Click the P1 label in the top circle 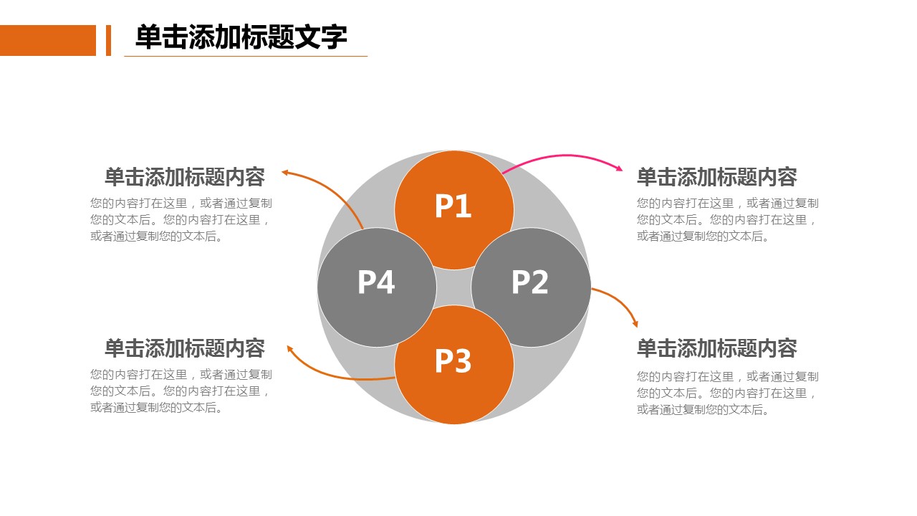(453, 206)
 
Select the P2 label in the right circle (529, 282)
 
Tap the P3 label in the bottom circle (453, 361)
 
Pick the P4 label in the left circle (376, 282)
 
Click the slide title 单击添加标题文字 (241, 37)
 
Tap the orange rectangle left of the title (47, 40)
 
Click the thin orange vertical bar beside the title (108, 40)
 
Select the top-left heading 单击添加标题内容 (185, 176)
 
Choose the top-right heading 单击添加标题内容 (716, 176)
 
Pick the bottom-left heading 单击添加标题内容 (185, 348)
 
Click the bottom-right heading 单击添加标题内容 (716, 348)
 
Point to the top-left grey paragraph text (181, 220)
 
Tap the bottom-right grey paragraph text (727, 393)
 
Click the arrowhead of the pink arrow (619, 168)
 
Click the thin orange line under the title (245, 56)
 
